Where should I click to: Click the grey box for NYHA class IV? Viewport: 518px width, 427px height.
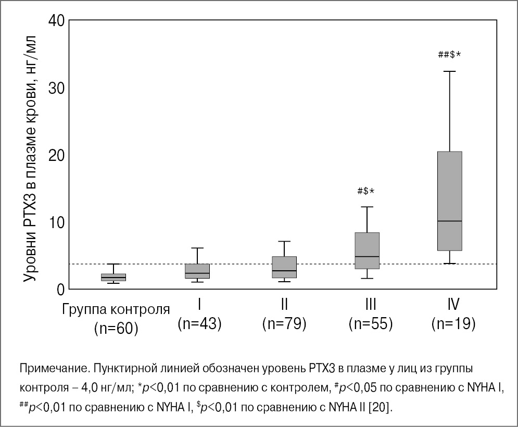[x=450, y=200]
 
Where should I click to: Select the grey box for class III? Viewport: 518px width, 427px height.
[x=367, y=250]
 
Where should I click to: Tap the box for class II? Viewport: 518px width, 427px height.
[x=284, y=267]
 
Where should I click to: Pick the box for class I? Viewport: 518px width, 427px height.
[x=198, y=271]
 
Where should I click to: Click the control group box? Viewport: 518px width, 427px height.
[x=113, y=278]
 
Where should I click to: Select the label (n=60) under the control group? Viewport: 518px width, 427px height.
[x=116, y=329]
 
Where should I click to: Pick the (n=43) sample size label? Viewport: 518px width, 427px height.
[x=199, y=324]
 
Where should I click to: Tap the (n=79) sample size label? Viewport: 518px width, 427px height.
[x=284, y=324]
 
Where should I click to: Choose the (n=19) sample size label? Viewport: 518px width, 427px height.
[x=453, y=324]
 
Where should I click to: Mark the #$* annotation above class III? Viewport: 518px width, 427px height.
[x=366, y=191]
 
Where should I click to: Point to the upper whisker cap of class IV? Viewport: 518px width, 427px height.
[x=450, y=71]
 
